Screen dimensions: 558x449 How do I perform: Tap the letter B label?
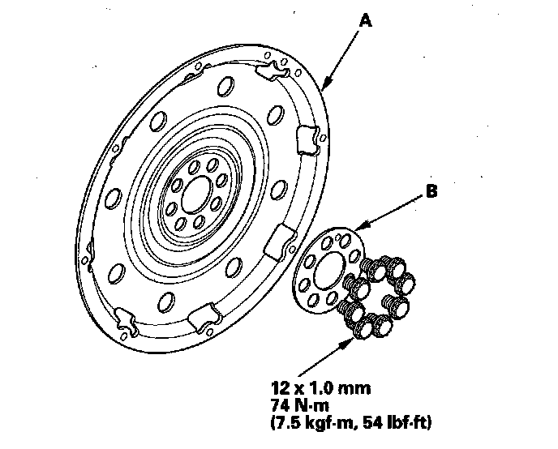431,193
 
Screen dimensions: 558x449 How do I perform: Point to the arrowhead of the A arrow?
324,86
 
